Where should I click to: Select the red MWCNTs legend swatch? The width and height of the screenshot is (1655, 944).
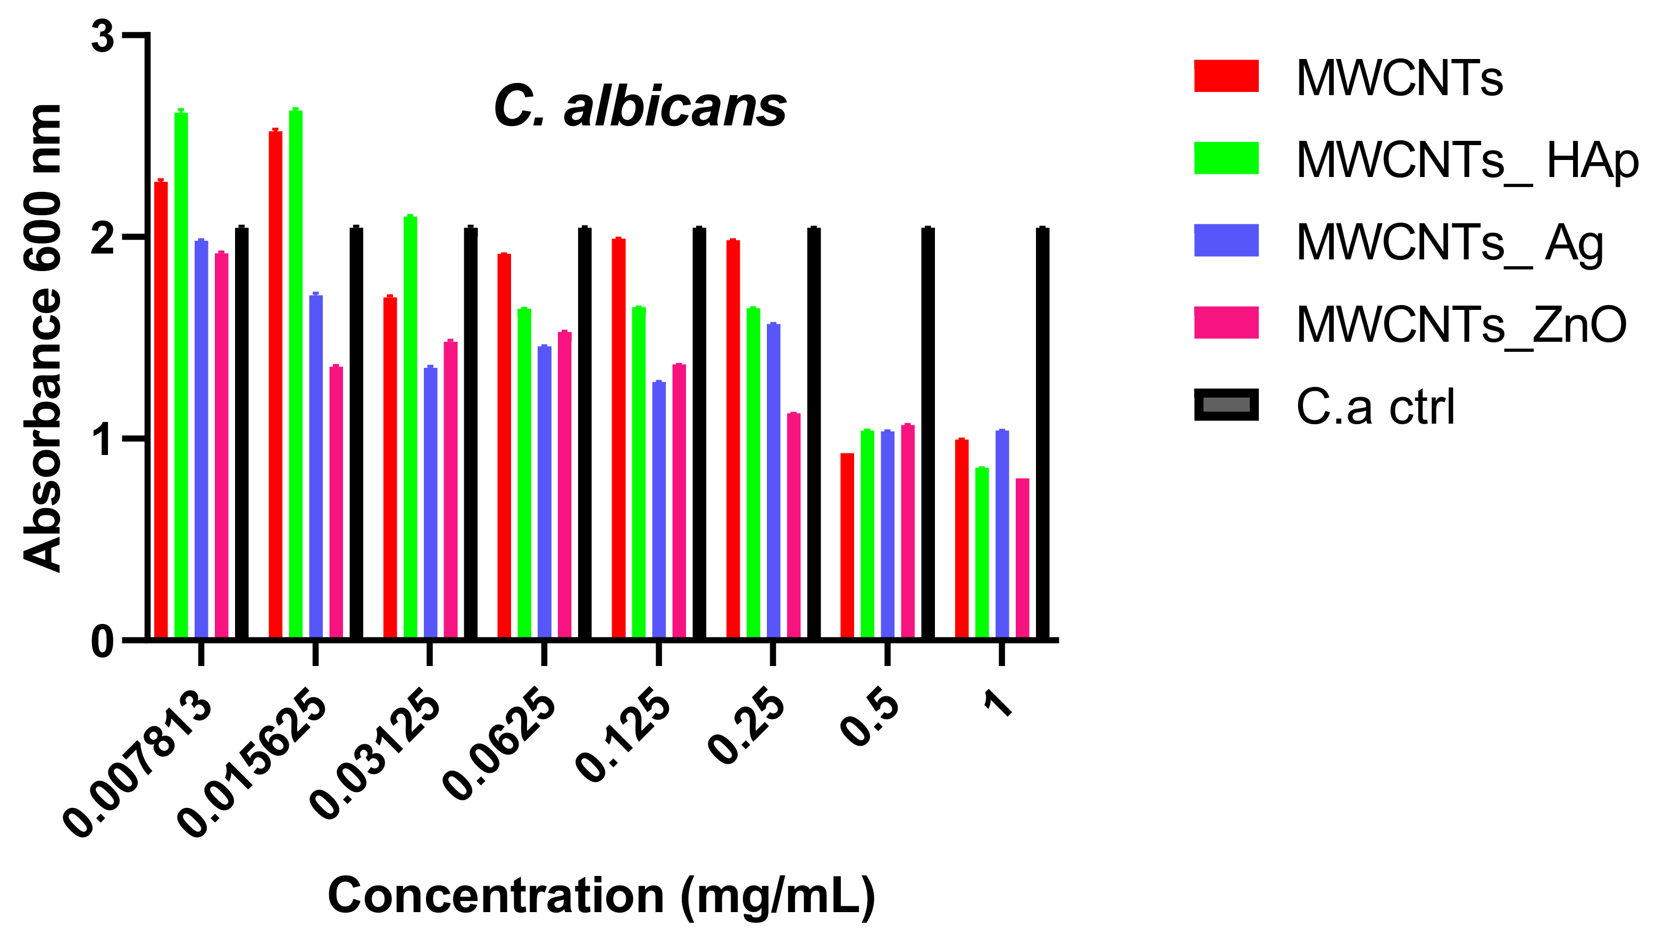pyautogui.click(x=1226, y=77)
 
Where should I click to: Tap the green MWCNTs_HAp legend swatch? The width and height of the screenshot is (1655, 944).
pyautogui.click(x=1226, y=158)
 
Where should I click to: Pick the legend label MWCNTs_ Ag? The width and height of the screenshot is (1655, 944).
pyautogui.click(x=1449, y=243)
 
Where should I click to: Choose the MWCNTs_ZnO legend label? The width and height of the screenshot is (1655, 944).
pyautogui.click(x=1461, y=325)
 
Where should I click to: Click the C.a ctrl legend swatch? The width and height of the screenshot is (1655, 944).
pyautogui.click(x=1226, y=404)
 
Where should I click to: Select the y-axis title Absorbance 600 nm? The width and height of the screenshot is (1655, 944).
pyautogui.click(x=43, y=337)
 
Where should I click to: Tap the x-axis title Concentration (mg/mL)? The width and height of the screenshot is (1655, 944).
pyautogui.click(x=601, y=896)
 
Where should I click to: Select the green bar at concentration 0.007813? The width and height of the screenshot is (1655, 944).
pyautogui.click(x=181, y=376)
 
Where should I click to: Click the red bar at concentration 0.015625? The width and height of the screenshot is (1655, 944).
pyautogui.click(x=275, y=383)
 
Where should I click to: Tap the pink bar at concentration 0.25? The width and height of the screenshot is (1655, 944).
pyautogui.click(x=793, y=525)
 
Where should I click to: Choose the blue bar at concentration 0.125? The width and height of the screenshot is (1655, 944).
pyautogui.click(x=659, y=509)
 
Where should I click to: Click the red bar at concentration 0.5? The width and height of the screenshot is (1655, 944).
pyautogui.click(x=847, y=545)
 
